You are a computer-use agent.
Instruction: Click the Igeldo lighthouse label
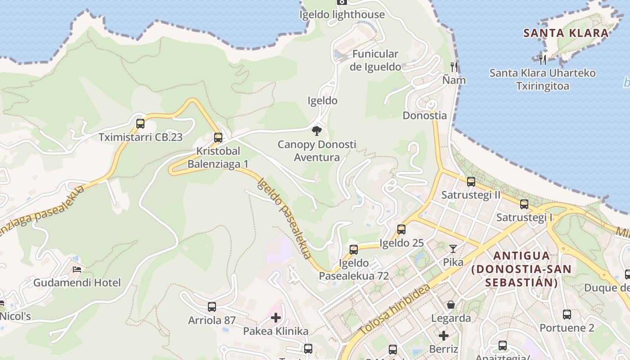point(342,14)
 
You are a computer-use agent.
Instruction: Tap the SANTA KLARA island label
point(566,33)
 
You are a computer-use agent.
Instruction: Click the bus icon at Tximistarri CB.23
point(140,123)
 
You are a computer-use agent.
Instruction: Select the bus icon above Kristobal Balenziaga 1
point(218,137)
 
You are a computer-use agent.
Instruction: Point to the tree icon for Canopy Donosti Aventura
point(317,131)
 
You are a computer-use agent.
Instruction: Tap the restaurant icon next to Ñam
point(454,67)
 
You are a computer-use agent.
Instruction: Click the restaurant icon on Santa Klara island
point(543,58)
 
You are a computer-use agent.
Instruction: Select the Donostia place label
point(425,115)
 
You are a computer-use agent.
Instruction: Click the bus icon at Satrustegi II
point(471,182)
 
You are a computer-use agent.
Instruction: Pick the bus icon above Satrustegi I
point(524,204)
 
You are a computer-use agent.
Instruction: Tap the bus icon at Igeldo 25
point(401,229)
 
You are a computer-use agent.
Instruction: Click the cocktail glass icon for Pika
point(453,249)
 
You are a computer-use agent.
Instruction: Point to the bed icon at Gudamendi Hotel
point(77,269)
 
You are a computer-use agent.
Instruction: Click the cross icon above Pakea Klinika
point(276,318)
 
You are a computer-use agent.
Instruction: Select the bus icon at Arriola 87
point(212,307)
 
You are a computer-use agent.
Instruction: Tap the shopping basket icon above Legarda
point(451,305)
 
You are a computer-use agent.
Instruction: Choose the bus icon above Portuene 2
point(567,314)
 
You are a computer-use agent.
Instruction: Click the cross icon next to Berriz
point(444,335)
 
